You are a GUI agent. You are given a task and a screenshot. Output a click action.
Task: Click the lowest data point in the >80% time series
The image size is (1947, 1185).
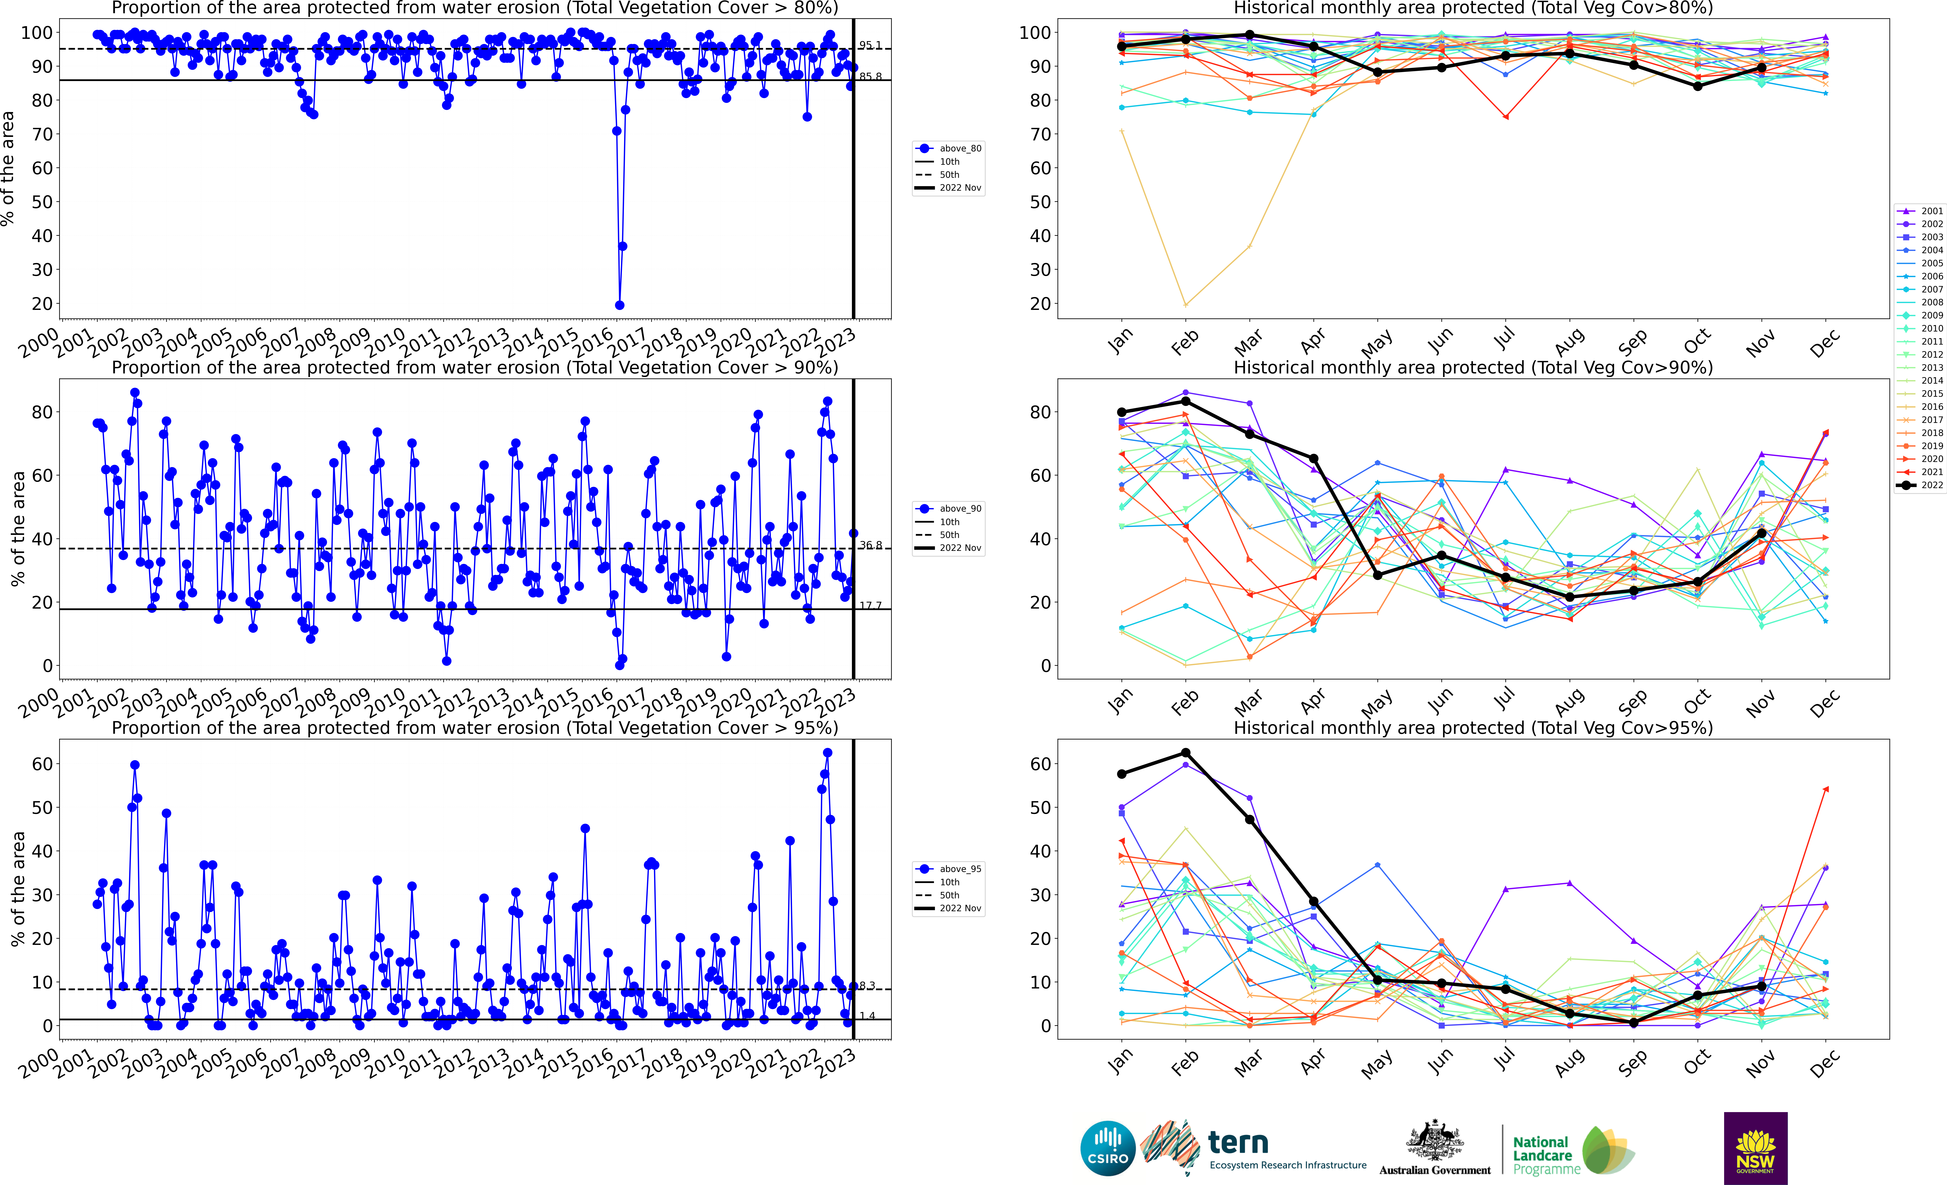[619, 305]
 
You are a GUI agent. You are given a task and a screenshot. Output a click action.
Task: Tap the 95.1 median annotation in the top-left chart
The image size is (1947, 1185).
[870, 45]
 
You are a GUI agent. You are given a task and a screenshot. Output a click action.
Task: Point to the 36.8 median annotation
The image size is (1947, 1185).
[870, 545]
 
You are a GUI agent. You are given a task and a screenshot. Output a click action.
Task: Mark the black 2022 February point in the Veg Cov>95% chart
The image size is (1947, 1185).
[1185, 753]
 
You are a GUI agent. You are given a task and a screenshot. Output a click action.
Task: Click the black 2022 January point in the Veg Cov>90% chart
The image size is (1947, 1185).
[1121, 412]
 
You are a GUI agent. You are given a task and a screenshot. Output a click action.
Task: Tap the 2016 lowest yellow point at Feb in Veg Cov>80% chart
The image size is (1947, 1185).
[1185, 305]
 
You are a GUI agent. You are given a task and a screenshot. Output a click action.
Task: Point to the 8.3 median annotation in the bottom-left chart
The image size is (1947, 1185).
[867, 985]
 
